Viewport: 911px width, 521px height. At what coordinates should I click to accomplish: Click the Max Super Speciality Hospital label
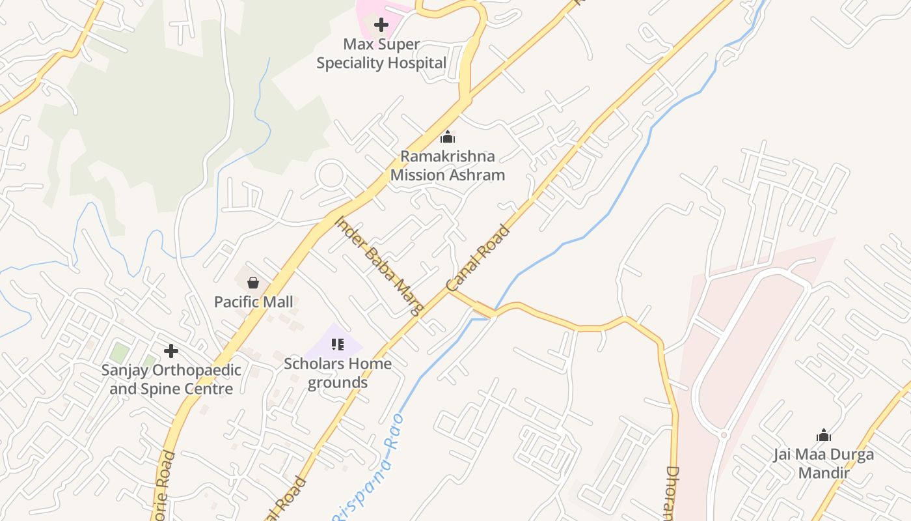pyautogui.click(x=381, y=54)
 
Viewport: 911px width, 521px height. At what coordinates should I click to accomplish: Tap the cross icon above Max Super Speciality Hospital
pyautogui.click(x=381, y=25)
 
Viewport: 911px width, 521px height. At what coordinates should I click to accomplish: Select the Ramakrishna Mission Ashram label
pyautogui.click(x=448, y=165)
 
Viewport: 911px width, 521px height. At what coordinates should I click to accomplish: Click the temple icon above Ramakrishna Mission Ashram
pyautogui.click(x=448, y=137)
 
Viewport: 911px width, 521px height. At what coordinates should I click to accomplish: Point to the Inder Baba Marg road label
pyautogui.click(x=380, y=265)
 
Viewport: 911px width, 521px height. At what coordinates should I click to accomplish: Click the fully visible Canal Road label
pyautogui.click(x=478, y=259)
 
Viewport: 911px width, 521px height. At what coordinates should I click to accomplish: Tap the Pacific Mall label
pyautogui.click(x=254, y=302)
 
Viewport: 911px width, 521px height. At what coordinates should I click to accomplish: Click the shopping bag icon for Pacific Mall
pyautogui.click(x=253, y=283)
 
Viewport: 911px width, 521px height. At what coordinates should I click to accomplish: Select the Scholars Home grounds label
pyautogui.click(x=338, y=373)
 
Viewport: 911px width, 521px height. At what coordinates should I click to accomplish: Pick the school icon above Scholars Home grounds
pyautogui.click(x=337, y=344)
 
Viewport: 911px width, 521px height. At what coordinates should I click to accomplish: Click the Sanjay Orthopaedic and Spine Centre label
pyautogui.click(x=171, y=380)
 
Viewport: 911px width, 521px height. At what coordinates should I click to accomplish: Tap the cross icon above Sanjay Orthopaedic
pyautogui.click(x=171, y=351)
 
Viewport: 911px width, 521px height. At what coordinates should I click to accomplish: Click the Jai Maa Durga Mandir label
pyautogui.click(x=824, y=463)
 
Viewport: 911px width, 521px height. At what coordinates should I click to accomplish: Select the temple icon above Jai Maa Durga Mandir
pyautogui.click(x=824, y=435)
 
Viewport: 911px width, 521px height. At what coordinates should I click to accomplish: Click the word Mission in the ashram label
pyautogui.click(x=421, y=175)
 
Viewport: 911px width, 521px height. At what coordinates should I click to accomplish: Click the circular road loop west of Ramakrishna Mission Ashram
pyautogui.click(x=331, y=175)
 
